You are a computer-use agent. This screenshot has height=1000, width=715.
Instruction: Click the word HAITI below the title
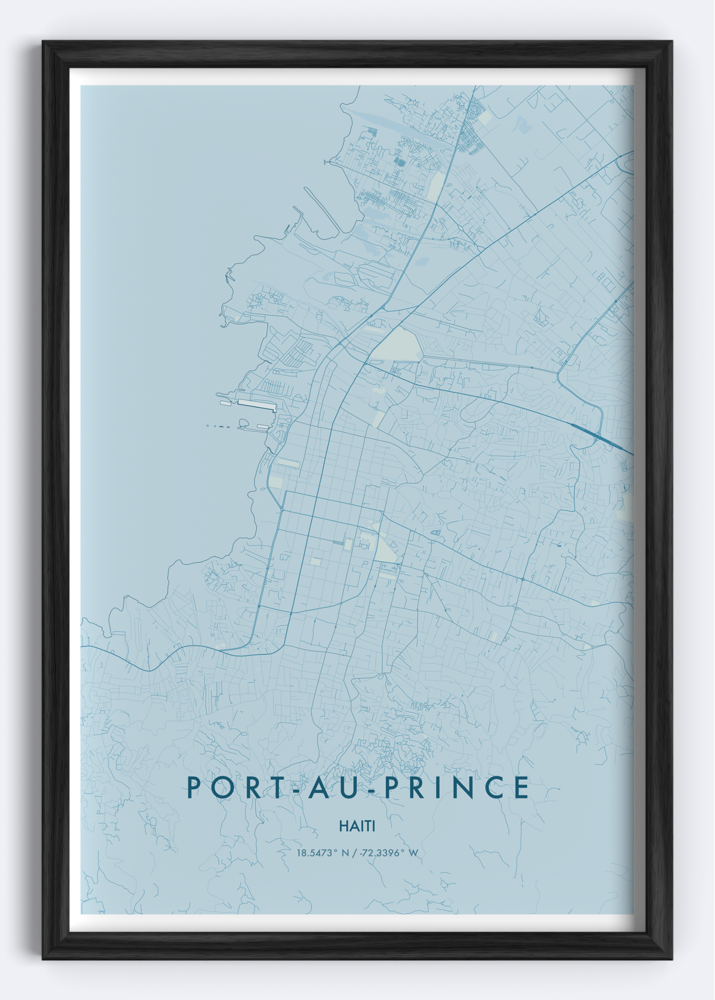[x=357, y=826]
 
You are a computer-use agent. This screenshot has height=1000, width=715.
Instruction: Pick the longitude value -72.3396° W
[x=389, y=853]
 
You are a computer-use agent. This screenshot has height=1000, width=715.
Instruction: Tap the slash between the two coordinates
[x=354, y=853]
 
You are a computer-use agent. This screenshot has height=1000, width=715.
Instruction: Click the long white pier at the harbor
[x=256, y=405]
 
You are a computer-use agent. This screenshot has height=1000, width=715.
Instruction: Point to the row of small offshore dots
[x=218, y=426]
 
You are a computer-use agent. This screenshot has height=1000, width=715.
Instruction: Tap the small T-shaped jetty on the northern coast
[x=327, y=162]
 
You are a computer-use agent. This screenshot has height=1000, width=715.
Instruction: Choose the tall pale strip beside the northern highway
[x=436, y=186]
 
